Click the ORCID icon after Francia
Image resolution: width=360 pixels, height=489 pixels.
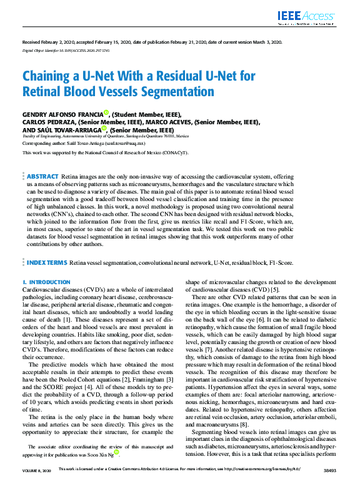106,112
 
